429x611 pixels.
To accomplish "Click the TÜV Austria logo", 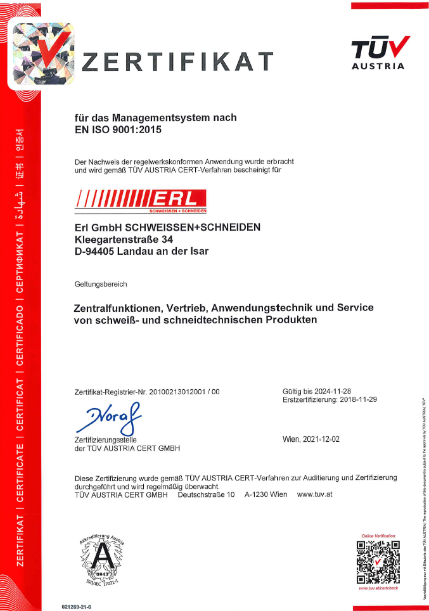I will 378,53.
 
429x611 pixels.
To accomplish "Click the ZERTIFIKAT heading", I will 179,62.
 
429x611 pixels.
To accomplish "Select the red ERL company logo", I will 141,200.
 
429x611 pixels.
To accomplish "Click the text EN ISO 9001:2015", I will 118,131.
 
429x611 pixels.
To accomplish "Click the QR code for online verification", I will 378,562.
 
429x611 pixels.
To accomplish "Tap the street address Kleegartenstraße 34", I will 124,239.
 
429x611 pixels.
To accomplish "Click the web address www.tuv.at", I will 314,494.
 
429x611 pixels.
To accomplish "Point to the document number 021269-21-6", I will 77,607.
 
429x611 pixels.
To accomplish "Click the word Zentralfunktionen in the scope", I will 119,308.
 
